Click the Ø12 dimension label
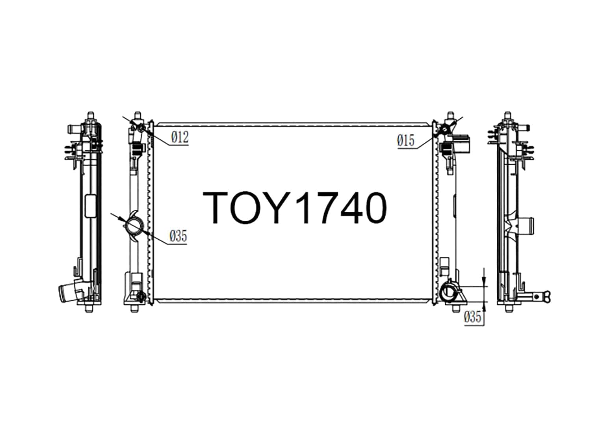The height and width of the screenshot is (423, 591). tap(180, 138)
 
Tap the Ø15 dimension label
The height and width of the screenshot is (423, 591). tap(406, 140)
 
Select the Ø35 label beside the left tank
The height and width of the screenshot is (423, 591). tap(178, 237)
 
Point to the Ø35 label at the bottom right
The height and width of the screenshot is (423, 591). tap(473, 317)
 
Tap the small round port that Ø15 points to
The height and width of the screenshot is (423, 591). tap(445, 128)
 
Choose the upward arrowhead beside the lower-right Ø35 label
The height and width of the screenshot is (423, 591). tap(484, 307)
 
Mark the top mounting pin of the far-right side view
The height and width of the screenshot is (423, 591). tap(508, 115)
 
